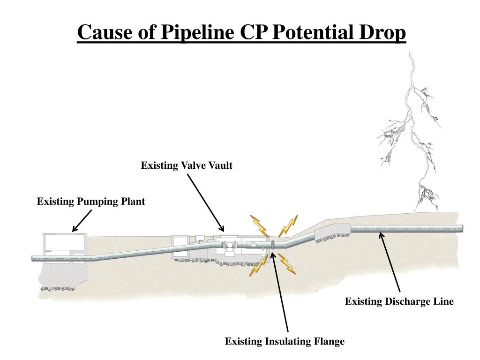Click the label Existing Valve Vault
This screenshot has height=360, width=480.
(187, 165)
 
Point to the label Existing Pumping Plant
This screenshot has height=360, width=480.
(91, 202)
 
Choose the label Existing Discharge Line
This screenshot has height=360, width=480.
(399, 301)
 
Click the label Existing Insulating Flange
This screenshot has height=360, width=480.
(285, 341)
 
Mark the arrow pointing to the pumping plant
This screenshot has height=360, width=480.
(82, 220)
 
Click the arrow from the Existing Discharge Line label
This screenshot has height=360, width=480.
(390, 262)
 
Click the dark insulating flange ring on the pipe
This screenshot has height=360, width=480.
(273, 244)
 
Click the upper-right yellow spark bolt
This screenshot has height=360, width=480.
(288, 225)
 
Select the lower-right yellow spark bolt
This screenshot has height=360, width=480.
(286, 263)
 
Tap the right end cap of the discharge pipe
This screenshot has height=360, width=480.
(461, 228)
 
